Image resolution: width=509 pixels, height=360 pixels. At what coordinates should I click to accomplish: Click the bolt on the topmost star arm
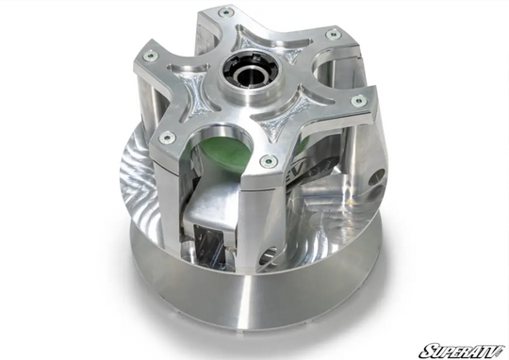click(224, 12)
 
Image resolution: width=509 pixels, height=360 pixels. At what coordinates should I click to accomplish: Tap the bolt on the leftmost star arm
click(150, 56)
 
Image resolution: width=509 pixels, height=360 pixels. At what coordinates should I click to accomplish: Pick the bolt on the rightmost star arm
click(357, 100)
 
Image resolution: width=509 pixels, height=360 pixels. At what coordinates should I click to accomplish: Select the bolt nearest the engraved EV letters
click(269, 161)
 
